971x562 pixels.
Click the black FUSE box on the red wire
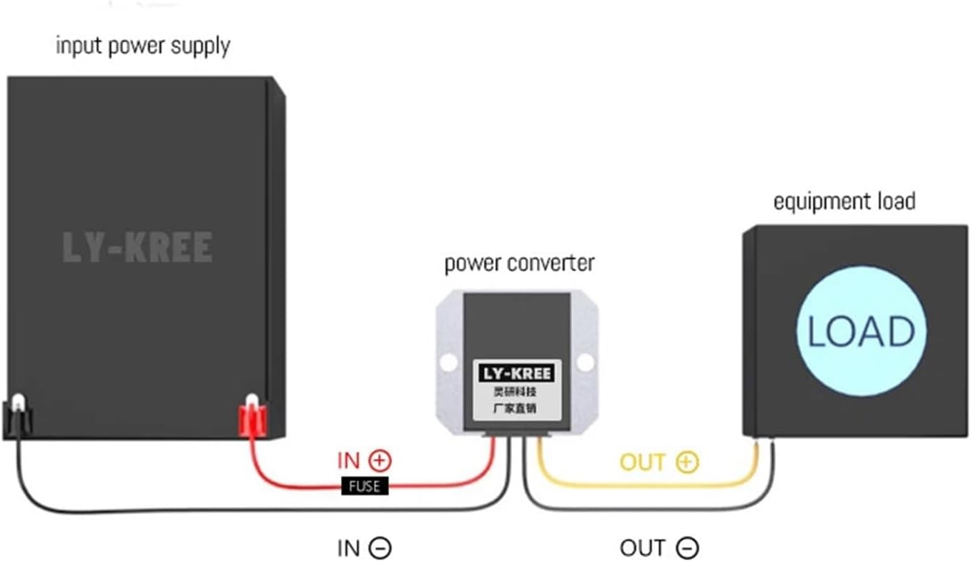pyautogui.click(x=365, y=487)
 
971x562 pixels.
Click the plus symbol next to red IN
pyautogui.click(x=381, y=461)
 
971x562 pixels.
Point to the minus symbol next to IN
pyautogui.click(x=380, y=548)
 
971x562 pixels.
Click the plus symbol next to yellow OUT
pyautogui.click(x=686, y=463)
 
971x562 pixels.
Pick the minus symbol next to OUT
pyautogui.click(x=686, y=548)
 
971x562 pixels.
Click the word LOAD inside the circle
pyautogui.click(x=861, y=332)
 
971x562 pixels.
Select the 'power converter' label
pyautogui.click(x=519, y=263)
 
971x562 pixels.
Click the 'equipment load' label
pyautogui.click(x=844, y=202)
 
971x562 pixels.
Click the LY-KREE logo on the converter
pyautogui.click(x=516, y=373)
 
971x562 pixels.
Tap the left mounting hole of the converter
pyautogui.click(x=449, y=363)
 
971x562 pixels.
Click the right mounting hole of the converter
pyautogui.click(x=585, y=363)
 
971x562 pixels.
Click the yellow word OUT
pyautogui.click(x=643, y=463)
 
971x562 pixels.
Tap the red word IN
pyautogui.click(x=348, y=461)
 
